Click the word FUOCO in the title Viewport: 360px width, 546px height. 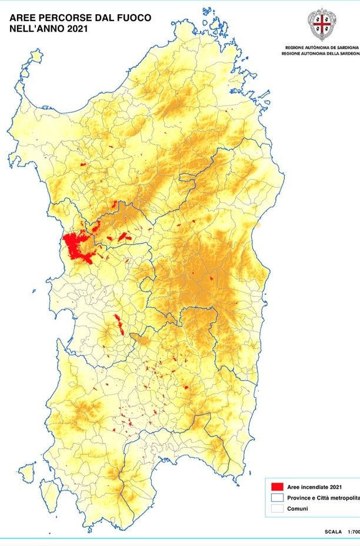coord(131,18)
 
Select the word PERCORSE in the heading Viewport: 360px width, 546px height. coord(61,18)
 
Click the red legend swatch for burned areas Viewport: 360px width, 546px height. coord(276,487)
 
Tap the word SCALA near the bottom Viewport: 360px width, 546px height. coord(333,532)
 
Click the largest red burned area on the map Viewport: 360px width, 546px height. coord(76,247)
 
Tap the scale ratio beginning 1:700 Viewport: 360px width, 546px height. coord(353,532)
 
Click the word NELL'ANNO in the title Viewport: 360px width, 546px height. coord(34,28)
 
